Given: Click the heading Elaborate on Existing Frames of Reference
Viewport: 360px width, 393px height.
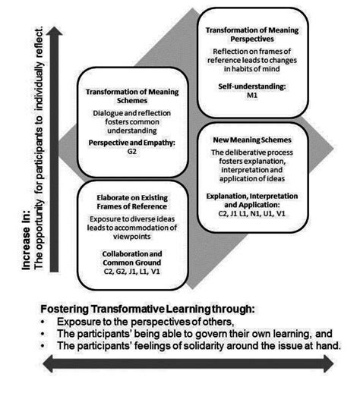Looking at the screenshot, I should click(137, 203).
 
